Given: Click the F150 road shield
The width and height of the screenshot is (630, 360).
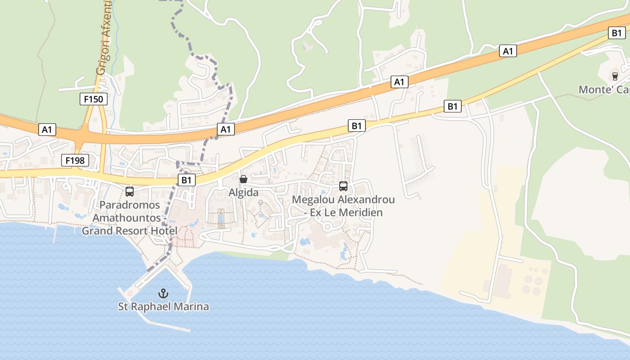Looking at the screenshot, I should tap(94, 99).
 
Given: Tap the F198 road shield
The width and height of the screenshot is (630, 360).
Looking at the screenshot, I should tap(75, 160).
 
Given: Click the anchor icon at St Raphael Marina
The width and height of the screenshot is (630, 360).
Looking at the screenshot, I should tap(163, 294).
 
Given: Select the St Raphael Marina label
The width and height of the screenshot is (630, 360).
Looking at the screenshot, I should tap(163, 307).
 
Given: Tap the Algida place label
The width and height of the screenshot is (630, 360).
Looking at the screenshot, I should tap(243, 193).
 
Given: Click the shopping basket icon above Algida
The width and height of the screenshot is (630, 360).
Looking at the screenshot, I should tap(243, 179).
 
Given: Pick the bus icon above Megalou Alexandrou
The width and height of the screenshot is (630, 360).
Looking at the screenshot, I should tap(343, 186).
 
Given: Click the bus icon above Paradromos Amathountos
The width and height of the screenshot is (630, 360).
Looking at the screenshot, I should tap(130, 191).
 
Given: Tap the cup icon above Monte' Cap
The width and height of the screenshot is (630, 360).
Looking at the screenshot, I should tap(615, 76).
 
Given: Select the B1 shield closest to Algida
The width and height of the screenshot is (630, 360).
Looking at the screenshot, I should tap(187, 180).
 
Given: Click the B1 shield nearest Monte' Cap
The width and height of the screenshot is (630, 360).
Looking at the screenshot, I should tap(616, 33).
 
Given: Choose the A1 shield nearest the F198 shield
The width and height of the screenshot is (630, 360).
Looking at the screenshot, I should tap(47, 130).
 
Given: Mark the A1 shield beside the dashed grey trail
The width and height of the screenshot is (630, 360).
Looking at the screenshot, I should tap(225, 130).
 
